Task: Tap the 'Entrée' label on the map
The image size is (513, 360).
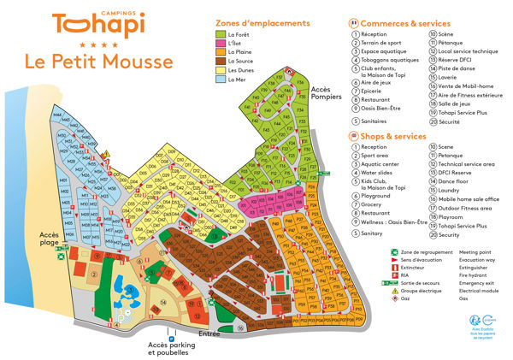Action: click(x=209, y=334)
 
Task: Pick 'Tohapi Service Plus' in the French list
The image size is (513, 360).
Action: click(x=469, y=112)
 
